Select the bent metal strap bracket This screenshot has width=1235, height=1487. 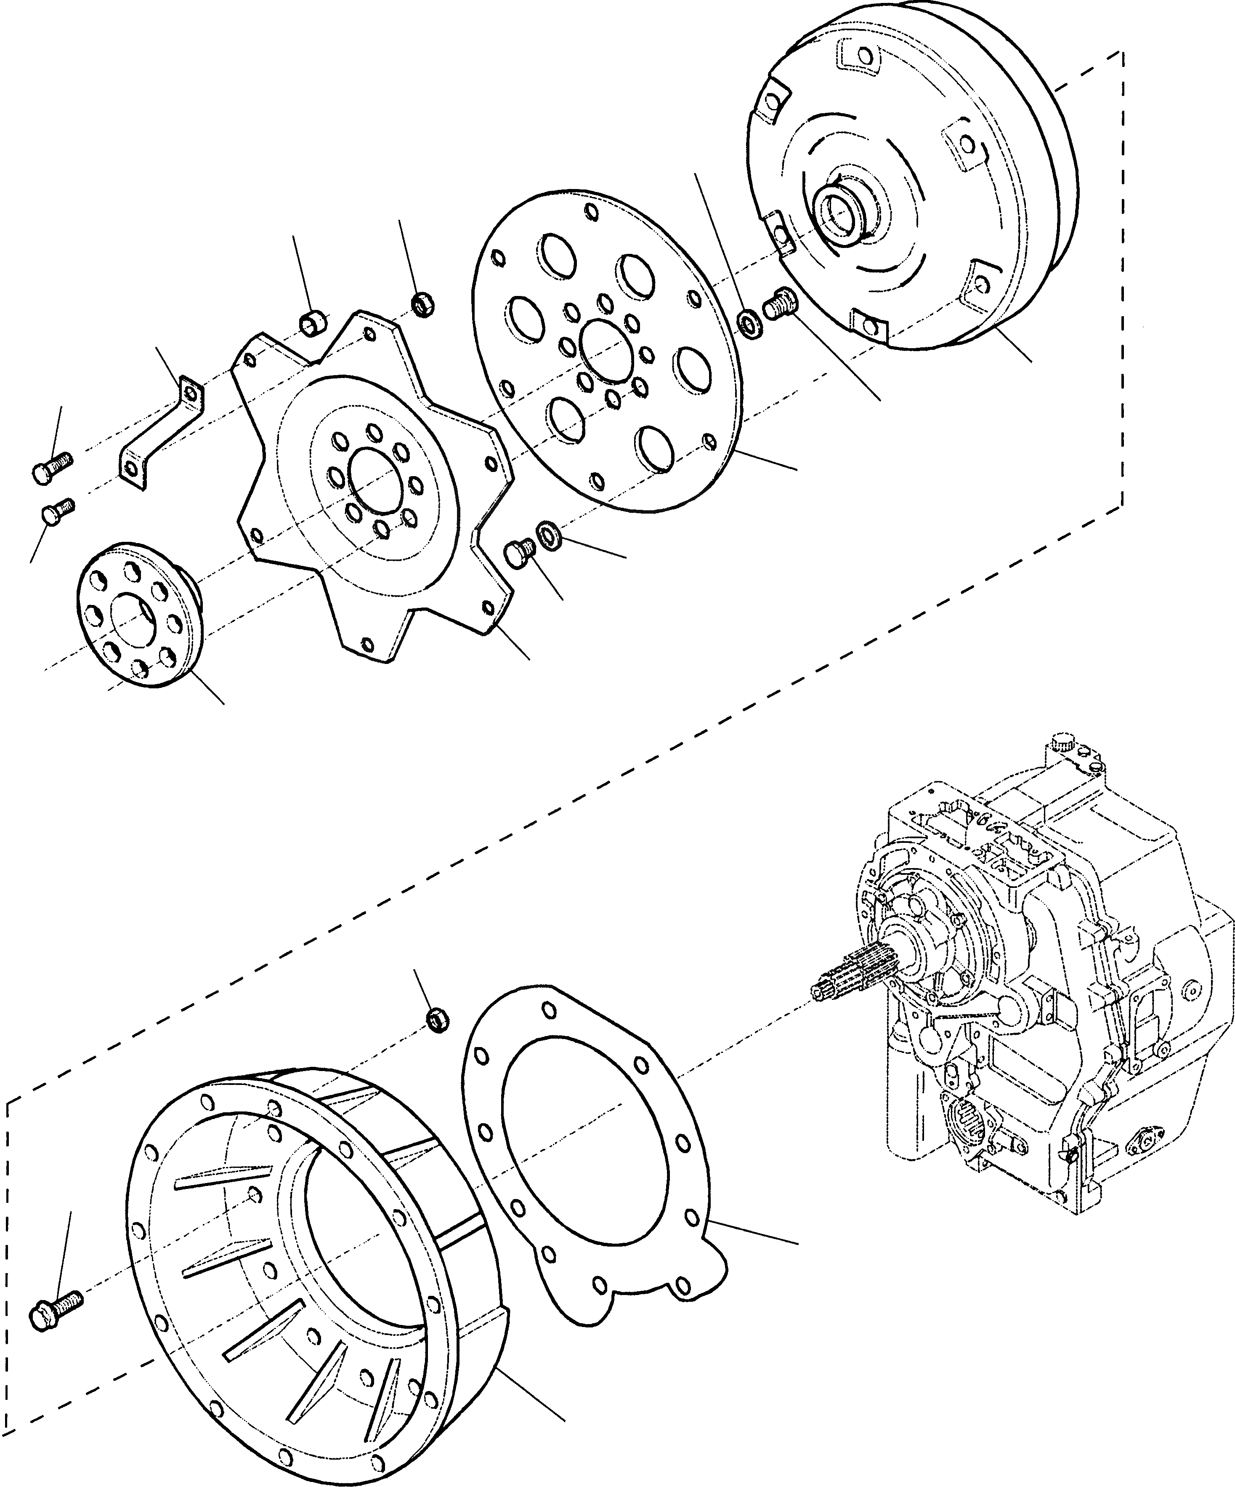[159, 433]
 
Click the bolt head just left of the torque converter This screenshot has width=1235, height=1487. [778, 306]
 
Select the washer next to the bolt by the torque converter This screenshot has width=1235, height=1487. [749, 324]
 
